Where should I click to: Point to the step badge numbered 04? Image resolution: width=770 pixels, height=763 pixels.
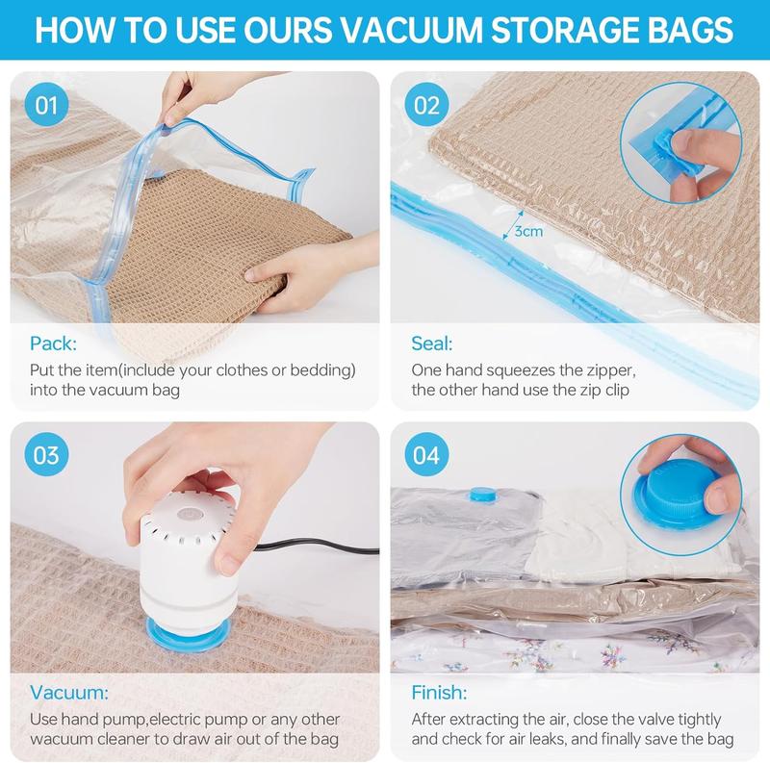pyautogui.click(x=427, y=455)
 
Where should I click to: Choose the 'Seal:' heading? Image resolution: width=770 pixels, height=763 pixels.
pyautogui.click(x=432, y=343)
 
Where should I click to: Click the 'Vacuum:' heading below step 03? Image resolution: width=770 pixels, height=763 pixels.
pyautogui.click(x=69, y=693)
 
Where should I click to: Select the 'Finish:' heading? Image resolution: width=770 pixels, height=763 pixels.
pyautogui.click(x=439, y=693)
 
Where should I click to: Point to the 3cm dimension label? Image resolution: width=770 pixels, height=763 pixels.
pyautogui.click(x=526, y=232)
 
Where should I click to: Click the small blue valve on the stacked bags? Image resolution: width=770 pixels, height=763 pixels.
pyautogui.click(x=478, y=496)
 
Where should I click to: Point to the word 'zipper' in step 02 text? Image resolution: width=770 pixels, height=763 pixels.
pyautogui.click(x=608, y=369)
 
